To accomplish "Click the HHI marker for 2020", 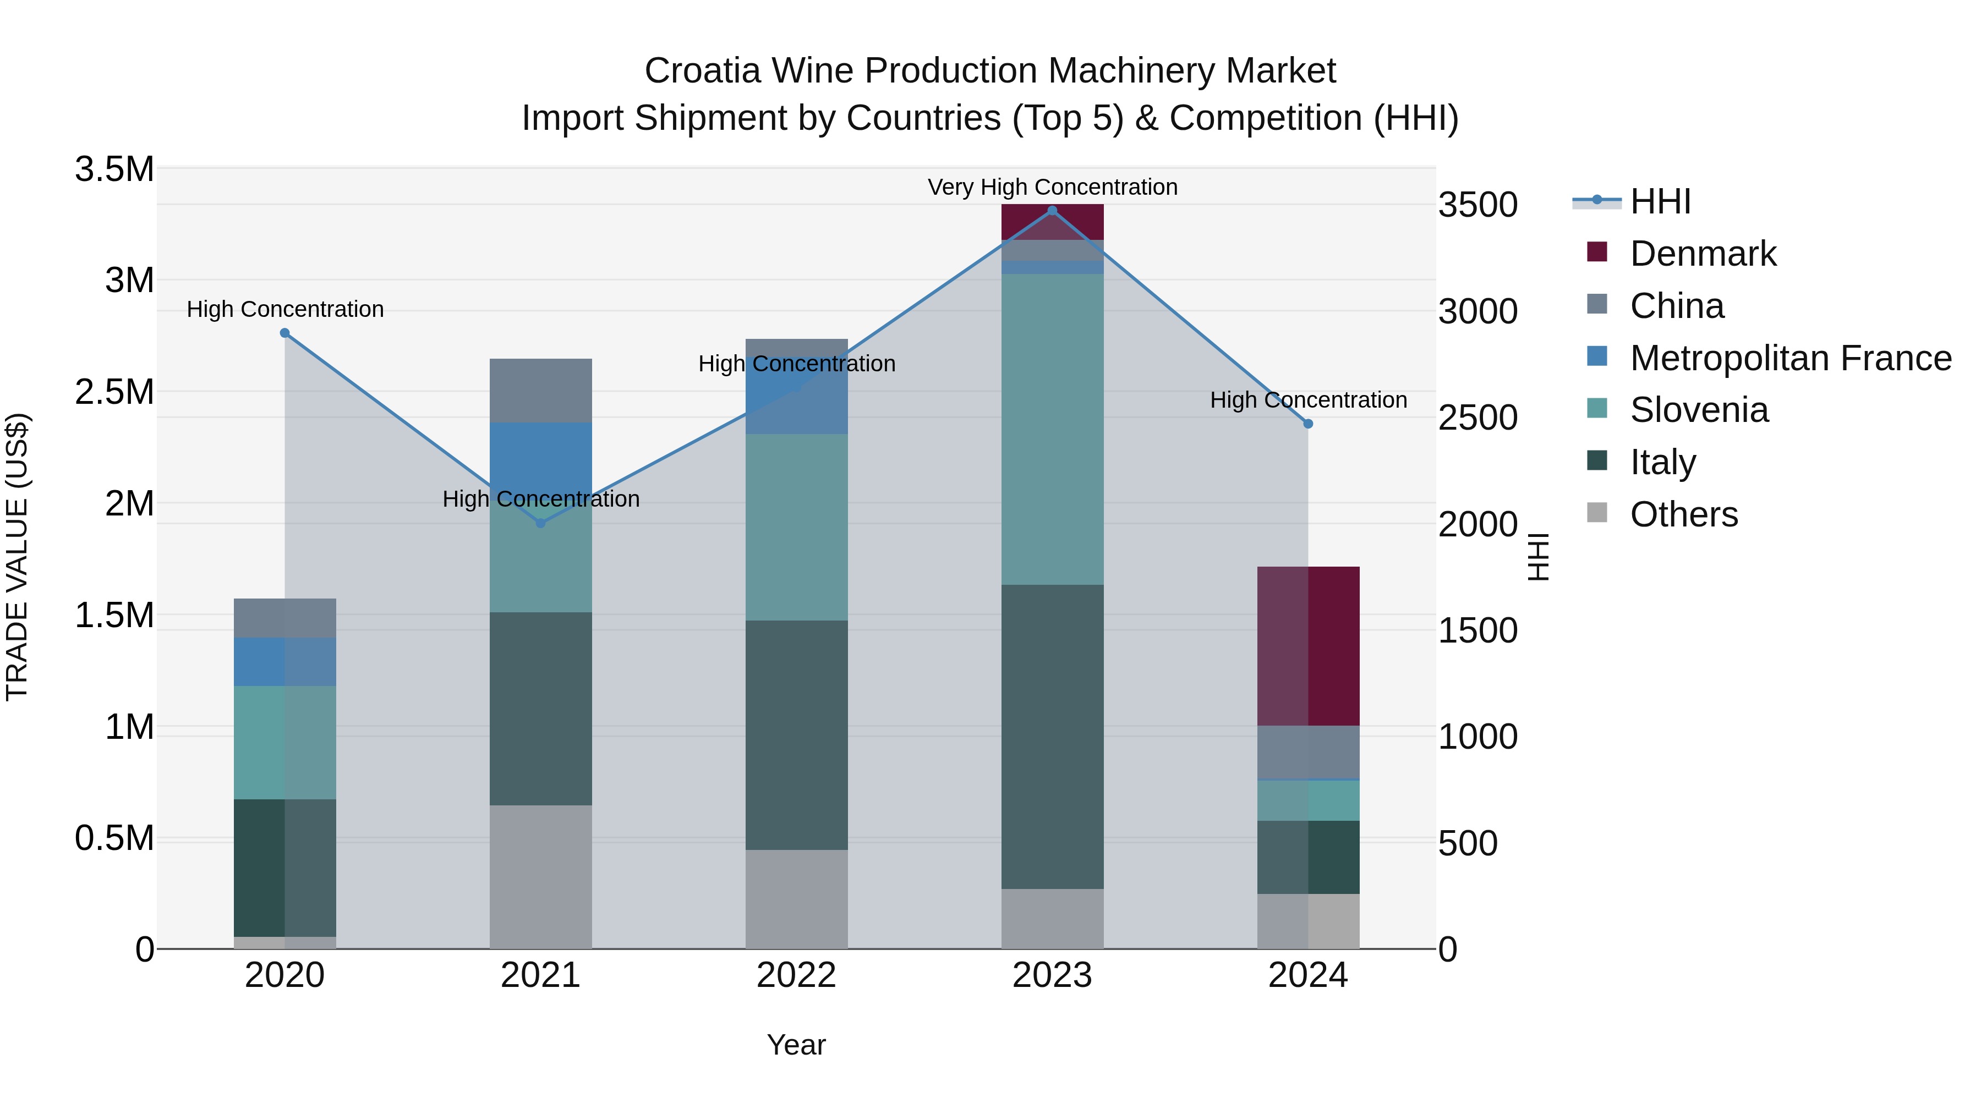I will coord(284,333).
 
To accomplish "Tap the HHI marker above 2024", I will coord(1308,424).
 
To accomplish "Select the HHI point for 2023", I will coord(1052,211).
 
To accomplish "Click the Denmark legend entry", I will coord(1703,254).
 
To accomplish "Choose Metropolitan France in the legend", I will coord(1790,358).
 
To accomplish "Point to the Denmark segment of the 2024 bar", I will coord(1308,646).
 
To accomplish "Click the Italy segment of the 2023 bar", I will coord(1052,737).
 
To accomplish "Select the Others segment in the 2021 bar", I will coord(540,876).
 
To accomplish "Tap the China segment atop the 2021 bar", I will coord(540,390).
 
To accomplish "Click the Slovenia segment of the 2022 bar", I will coord(797,528).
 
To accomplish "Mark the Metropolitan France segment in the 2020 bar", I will coord(284,661).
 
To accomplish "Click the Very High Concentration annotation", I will coord(1052,187).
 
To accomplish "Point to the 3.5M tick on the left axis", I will coord(114,169).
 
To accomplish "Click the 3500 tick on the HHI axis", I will coord(1477,205).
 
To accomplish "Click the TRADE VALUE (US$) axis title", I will coord(18,557).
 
